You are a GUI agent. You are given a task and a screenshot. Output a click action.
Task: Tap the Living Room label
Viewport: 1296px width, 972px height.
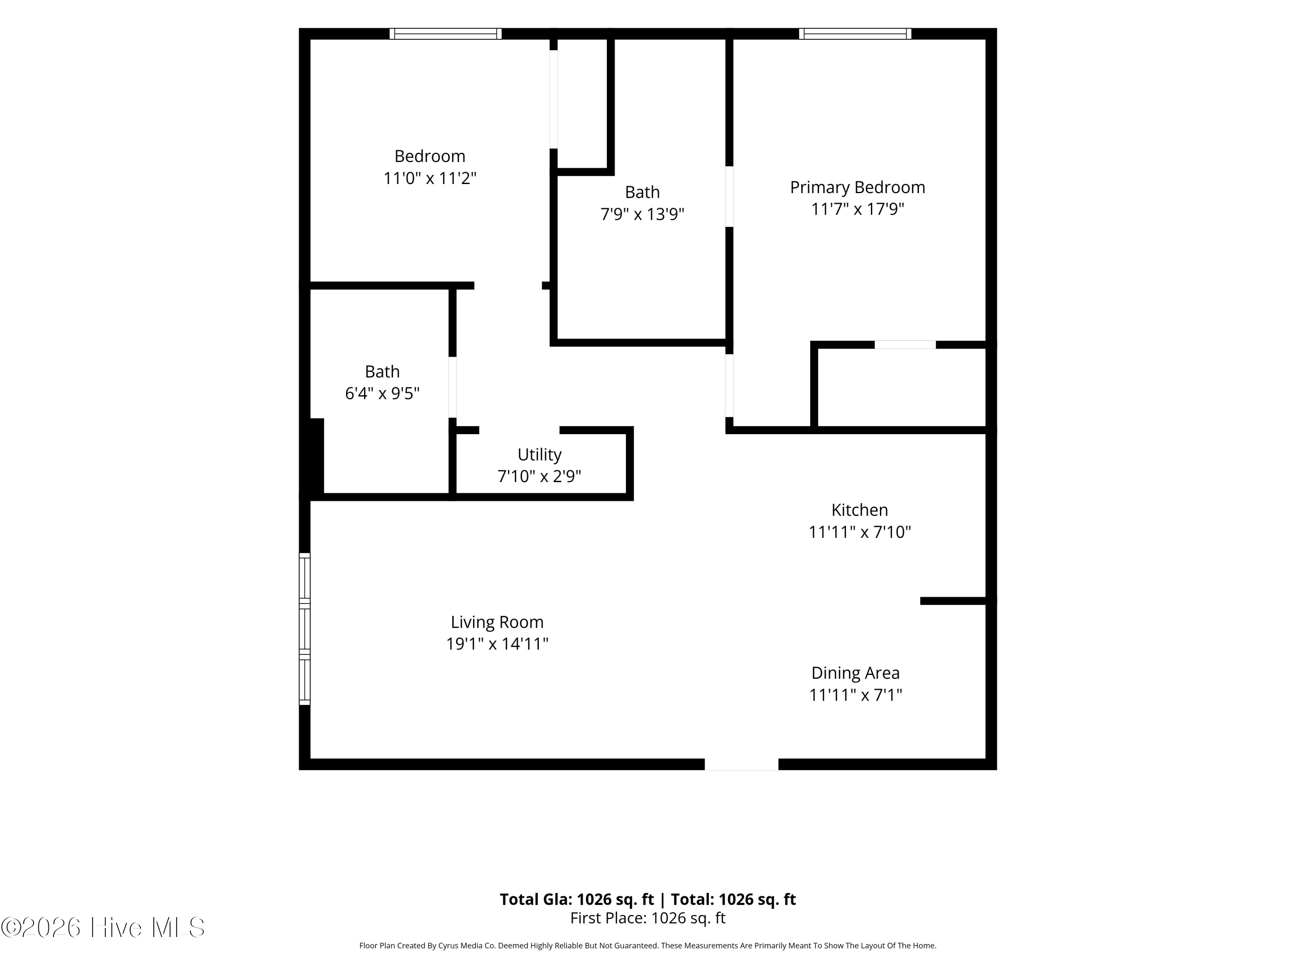(x=497, y=622)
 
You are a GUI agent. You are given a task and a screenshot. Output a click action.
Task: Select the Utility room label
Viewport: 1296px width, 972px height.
(x=539, y=454)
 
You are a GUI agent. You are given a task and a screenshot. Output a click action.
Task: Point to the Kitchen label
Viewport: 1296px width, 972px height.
(x=860, y=510)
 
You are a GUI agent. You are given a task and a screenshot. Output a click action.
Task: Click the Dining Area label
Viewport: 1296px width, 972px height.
(x=855, y=673)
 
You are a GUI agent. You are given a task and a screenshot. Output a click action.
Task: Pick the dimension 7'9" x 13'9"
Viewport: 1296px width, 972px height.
(x=642, y=214)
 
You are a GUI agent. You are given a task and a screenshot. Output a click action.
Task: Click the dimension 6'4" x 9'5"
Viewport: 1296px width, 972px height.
(x=382, y=393)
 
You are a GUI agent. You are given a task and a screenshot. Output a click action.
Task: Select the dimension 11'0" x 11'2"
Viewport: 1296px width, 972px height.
(x=429, y=178)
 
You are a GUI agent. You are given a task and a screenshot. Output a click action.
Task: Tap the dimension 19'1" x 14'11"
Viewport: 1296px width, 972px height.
(x=497, y=644)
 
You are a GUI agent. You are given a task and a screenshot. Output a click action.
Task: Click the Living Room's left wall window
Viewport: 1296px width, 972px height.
(x=305, y=629)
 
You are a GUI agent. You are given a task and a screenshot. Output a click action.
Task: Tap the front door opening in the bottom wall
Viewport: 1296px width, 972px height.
(x=741, y=764)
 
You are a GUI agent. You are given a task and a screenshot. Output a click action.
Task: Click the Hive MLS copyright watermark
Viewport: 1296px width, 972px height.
(x=103, y=928)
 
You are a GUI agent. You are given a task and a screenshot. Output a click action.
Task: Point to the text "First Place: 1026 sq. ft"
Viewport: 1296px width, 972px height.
(x=648, y=918)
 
